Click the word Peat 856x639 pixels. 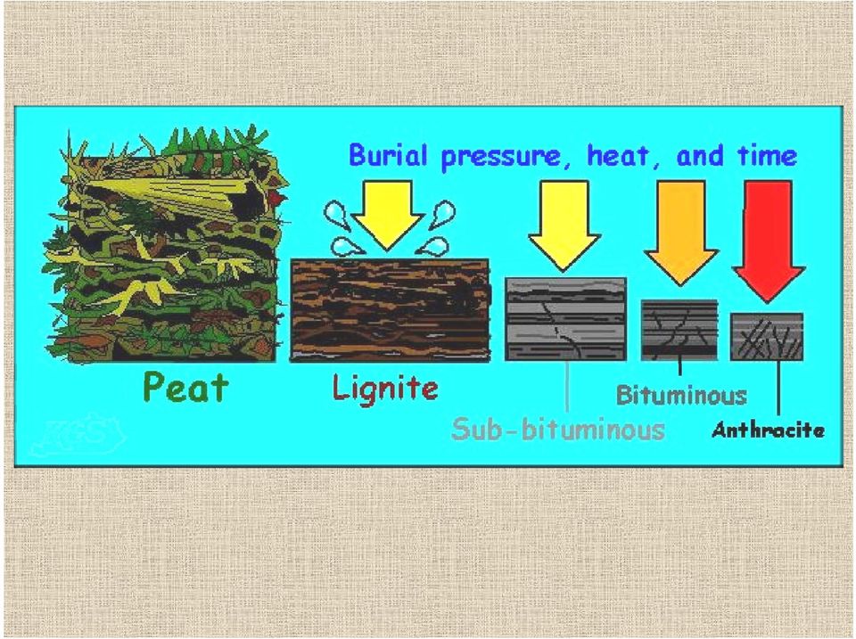tap(185, 387)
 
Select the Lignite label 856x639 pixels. tap(385, 388)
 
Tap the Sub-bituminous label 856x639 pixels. tap(558, 429)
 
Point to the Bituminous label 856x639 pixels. tap(681, 395)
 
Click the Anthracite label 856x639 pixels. tap(768, 430)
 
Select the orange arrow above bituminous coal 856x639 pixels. tap(681, 233)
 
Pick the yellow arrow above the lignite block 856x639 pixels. tap(387, 216)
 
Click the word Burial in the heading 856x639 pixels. tap(388, 155)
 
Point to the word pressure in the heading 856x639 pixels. tap(500, 157)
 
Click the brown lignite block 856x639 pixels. tap(390, 310)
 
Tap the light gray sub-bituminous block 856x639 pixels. tap(565, 319)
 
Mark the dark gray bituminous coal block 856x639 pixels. tap(679, 330)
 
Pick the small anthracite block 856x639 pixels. tap(767, 336)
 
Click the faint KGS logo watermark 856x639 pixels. tap(77, 436)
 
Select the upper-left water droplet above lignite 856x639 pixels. tap(334, 213)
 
